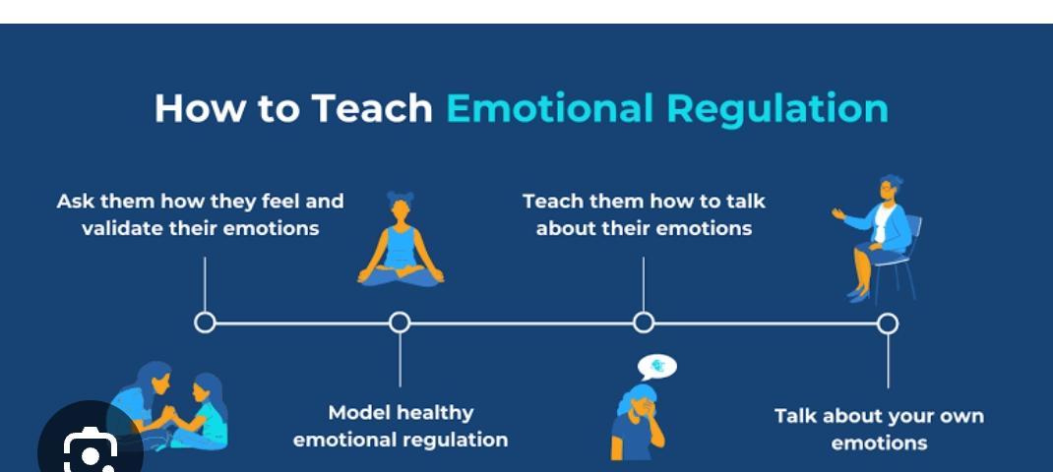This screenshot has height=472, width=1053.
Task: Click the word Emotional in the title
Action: click(x=549, y=108)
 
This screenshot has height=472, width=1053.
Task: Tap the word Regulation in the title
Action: click(x=777, y=109)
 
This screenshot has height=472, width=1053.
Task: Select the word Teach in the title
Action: click(x=371, y=108)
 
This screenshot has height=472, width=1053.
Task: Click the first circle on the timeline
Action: click(x=205, y=323)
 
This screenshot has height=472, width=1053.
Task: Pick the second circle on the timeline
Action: click(x=400, y=323)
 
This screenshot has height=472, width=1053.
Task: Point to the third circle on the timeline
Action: click(x=644, y=323)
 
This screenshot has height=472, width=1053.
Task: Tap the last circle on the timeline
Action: click(x=888, y=324)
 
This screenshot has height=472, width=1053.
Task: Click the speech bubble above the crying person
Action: click(x=657, y=367)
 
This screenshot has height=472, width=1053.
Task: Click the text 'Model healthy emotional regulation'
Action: click(x=401, y=426)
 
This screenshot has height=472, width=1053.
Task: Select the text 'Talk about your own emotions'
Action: click(x=879, y=429)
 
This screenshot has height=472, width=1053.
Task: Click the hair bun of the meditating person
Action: click(x=401, y=198)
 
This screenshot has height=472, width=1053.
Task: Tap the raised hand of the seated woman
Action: click(x=839, y=213)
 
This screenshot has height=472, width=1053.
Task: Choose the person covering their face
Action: click(x=638, y=422)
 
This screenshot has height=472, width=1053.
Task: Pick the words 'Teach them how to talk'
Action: click(x=644, y=201)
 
